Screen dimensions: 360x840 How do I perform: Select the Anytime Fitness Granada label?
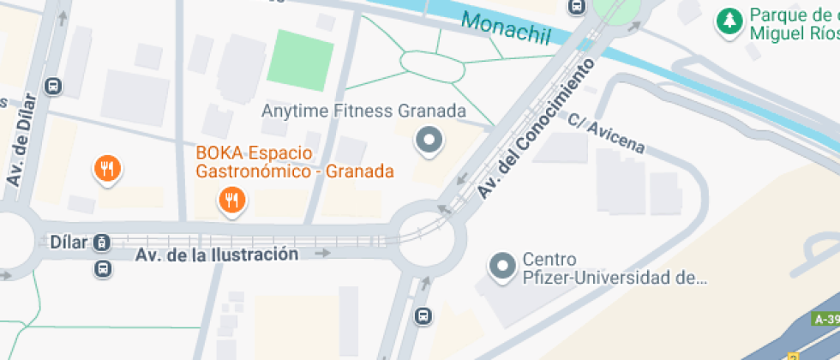point(363,111)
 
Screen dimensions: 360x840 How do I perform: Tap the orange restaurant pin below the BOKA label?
point(231,201)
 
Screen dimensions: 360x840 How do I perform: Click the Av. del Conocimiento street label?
point(535,131)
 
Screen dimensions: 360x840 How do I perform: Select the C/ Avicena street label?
point(605,133)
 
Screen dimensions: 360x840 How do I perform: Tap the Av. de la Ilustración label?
point(217,255)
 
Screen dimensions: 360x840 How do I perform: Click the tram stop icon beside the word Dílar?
point(102,243)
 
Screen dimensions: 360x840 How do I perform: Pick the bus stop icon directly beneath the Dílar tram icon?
point(102,269)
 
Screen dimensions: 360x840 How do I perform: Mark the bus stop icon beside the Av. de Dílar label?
point(53,87)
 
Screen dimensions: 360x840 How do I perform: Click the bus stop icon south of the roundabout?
point(423,315)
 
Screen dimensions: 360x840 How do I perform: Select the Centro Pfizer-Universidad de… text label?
point(614,268)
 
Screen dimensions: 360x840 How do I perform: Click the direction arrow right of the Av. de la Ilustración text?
point(322,254)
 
